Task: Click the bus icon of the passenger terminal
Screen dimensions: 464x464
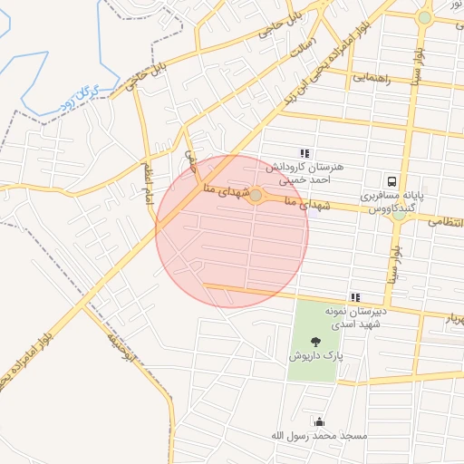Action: tap(391, 181)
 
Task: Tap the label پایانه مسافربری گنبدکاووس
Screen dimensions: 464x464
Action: tap(391, 202)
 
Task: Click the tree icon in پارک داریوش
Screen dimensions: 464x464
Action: tap(315, 342)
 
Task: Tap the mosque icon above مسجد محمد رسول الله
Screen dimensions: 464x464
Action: tap(319, 421)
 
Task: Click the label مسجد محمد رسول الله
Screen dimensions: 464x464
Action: tap(319, 436)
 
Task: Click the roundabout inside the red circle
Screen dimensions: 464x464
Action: tap(256, 196)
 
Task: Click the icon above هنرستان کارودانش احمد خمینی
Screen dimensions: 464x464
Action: tap(304, 153)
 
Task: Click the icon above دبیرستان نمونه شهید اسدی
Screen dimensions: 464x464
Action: tap(355, 297)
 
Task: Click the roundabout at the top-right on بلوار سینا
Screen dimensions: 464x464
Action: tap(424, 17)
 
